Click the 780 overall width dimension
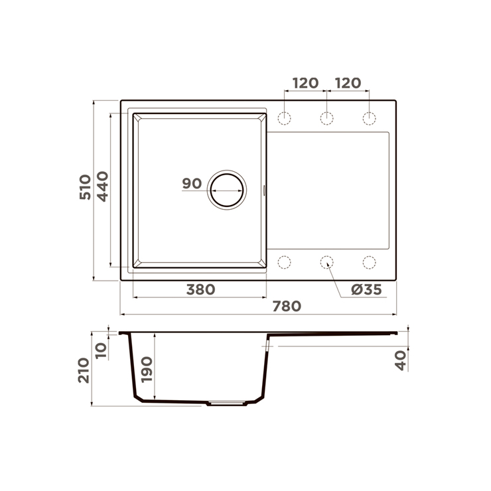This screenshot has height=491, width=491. [x=287, y=307]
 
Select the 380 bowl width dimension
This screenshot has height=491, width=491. [x=201, y=290]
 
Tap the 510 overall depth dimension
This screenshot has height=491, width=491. [x=85, y=187]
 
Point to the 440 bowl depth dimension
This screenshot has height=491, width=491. [x=102, y=186]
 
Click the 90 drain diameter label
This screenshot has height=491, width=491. [x=192, y=184]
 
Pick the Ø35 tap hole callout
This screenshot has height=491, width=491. [x=366, y=290]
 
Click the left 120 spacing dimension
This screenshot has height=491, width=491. [x=305, y=83]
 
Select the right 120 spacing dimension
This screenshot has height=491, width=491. [x=348, y=83]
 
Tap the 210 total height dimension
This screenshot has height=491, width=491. [x=84, y=370]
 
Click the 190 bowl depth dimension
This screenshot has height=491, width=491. [x=147, y=370]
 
